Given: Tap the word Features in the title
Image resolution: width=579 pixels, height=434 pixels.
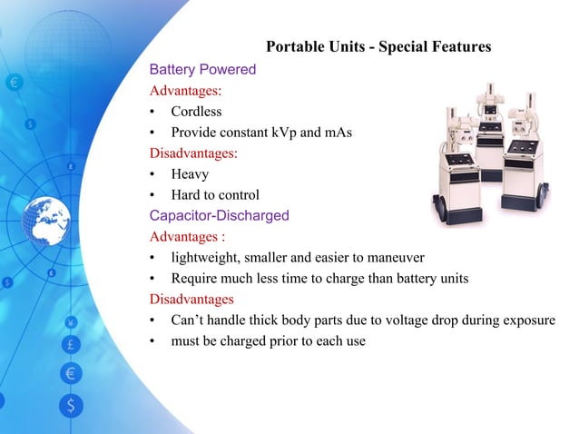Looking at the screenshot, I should click(x=459, y=46).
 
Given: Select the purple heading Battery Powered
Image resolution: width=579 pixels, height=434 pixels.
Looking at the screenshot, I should click(x=202, y=69).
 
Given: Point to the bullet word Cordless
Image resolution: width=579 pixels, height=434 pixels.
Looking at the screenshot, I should click(x=196, y=112).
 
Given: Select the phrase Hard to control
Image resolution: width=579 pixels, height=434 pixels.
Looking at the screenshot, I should click(x=215, y=194).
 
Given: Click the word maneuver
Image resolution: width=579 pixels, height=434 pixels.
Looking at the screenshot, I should click(x=395, y=258).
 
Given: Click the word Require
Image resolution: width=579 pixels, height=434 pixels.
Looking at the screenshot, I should click(x=195, y=279).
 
